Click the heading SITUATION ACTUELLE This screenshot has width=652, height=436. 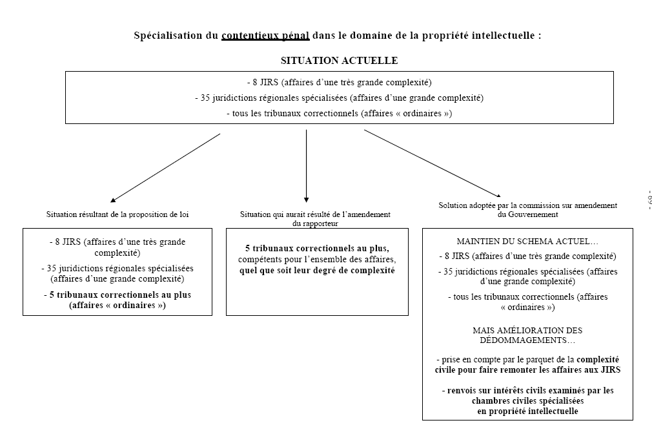[339, 61]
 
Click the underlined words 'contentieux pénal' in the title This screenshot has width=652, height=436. [265, 36]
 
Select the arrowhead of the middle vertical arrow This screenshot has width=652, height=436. [306, 199]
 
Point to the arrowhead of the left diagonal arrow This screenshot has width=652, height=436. [114, 200]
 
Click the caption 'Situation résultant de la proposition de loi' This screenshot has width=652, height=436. [117, 214]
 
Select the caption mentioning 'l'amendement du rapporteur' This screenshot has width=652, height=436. [316, 218]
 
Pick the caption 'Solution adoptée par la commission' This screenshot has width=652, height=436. [527, 209]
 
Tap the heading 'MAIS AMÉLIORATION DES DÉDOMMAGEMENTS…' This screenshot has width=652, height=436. [527, 335]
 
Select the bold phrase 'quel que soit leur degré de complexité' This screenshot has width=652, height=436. [316, 271]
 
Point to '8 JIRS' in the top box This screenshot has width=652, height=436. [264, 83]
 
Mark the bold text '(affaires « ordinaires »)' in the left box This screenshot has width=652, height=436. [117, 306]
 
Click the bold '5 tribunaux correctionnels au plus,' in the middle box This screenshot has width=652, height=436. [316, 248]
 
